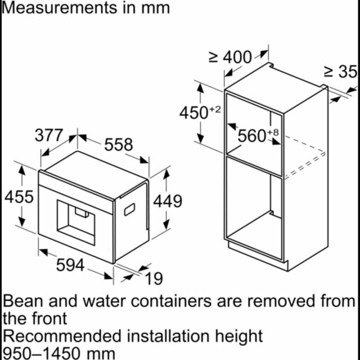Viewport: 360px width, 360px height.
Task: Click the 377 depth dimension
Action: click(49, 135)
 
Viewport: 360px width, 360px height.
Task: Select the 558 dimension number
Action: click(119, 145)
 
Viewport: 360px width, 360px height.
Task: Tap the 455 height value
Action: click(19, 197)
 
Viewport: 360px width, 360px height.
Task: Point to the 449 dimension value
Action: click(168, 201)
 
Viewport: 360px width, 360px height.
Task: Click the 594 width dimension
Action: click(70, 265)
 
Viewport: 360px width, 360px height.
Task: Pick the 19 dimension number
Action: click(154, 278)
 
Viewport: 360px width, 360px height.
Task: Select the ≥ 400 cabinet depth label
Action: click(230, 57)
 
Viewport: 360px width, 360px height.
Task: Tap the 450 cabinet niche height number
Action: click(193, 112)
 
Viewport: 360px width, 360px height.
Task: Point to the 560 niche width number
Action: click(252, 136)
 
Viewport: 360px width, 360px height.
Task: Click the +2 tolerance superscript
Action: click(215, 109)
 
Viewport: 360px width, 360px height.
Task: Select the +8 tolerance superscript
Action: click(273, 132)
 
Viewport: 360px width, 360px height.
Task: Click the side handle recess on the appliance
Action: click(129, 209)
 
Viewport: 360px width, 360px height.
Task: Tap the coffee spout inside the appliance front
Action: click(82, 213)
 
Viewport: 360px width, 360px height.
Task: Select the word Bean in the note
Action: click(23, 301)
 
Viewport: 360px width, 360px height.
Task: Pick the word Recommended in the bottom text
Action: click(62, 336)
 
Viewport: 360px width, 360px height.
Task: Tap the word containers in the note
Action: click(171, 301)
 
